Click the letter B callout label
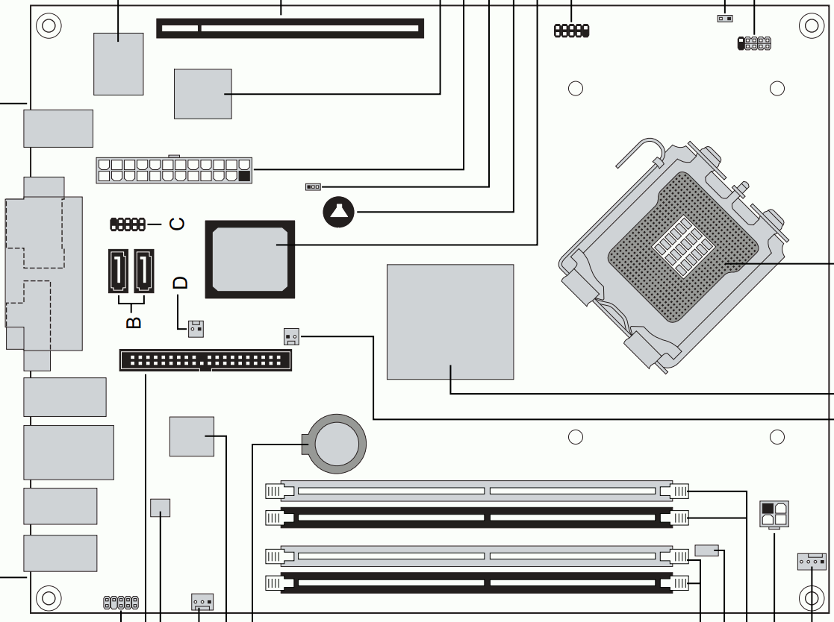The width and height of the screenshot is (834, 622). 134,322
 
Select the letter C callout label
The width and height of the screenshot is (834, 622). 177,224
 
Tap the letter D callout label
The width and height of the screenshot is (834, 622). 181,283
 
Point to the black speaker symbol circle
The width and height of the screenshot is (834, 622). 338,212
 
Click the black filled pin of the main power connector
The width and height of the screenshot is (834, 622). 245,176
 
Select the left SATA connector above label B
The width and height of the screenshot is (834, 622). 118,271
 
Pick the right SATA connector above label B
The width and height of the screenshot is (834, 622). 143,271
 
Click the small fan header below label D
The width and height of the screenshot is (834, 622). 196,329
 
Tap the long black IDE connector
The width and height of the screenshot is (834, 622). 205,360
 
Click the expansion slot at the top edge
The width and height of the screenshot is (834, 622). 290,28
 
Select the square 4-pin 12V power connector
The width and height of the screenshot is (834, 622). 774,514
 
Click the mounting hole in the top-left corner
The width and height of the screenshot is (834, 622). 49,25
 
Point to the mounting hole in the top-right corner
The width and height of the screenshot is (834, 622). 812,25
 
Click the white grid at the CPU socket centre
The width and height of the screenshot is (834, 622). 682,246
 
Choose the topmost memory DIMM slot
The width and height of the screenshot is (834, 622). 477,491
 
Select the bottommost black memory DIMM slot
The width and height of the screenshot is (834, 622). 477,582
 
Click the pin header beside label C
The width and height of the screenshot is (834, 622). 128,224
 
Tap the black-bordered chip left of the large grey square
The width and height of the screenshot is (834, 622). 250,260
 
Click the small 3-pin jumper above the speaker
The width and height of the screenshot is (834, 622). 314,187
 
